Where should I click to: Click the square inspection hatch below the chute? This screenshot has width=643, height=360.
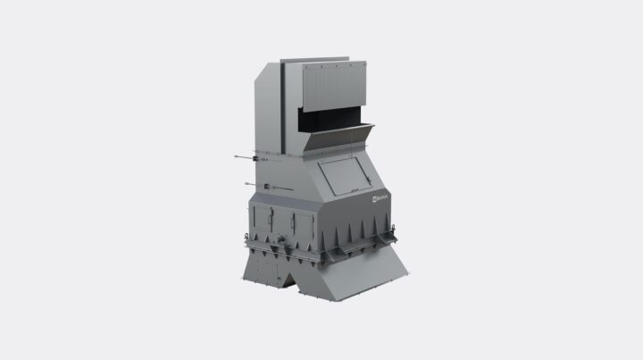point(345,175)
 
